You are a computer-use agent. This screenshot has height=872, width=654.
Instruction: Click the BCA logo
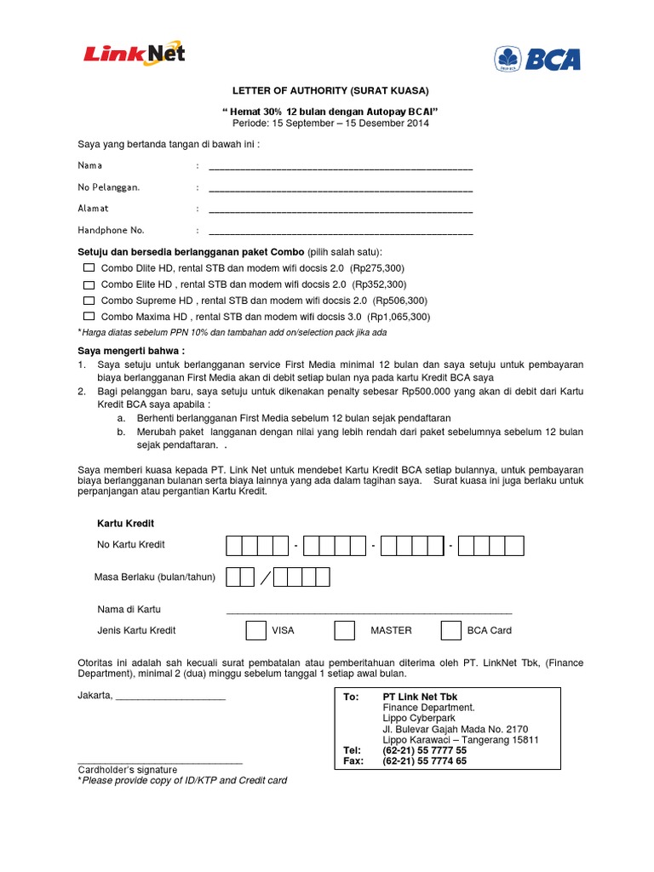[537, 58]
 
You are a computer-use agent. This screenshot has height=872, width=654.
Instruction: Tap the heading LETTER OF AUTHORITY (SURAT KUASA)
[331, 91]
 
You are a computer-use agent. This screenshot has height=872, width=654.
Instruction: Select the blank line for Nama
[341, 167]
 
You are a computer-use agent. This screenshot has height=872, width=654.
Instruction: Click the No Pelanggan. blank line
[341, 188]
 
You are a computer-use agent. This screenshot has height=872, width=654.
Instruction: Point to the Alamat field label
[94, 208]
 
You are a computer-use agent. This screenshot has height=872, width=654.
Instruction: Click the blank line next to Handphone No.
[341, 232]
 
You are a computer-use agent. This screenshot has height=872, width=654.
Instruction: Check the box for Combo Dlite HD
[89, 268]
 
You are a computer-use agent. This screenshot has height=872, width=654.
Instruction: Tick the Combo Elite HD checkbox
[89, 284]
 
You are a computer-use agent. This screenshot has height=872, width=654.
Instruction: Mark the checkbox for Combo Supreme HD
[89, 301]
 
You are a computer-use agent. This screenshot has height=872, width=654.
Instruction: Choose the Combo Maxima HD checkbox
[89, 317]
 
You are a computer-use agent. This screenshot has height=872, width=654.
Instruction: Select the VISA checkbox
[255, 630]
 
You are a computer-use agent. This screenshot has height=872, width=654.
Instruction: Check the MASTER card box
[344, 630]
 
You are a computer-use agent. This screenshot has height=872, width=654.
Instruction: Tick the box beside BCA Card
[450, 630]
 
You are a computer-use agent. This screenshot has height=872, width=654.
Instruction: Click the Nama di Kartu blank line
[369, 611]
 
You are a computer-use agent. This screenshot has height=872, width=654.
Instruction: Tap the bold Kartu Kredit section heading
[127, 523]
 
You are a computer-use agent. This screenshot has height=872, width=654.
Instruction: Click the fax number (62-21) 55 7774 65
[425, 761]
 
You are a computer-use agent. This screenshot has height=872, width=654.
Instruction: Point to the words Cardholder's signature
[128, 770]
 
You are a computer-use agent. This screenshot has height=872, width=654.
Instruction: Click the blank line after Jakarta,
[170, 697]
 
